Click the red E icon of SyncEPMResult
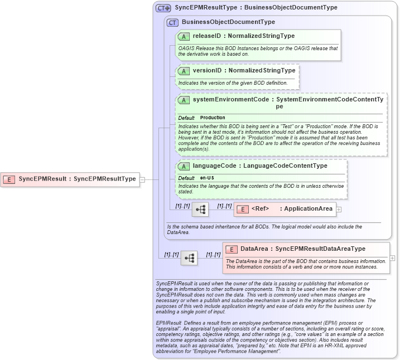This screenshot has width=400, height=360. pyautogui.click(x=9, y=179)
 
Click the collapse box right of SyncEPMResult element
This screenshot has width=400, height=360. pyautogui.click(x=142, y=179)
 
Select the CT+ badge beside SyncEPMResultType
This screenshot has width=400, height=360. pyautogui.click(x=163, y=8)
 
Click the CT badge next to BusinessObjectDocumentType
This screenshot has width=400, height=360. pyautogui.click(x=172, y=22)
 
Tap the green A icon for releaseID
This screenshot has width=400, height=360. pyautogui.click(x=184, y=36)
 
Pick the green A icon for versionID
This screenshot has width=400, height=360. pyautogui.click(x=184, y=71)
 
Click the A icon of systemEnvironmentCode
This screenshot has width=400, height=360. pyautogui.click(x=184, y=100)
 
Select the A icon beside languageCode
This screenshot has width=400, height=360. pyautogui.click(x=184, y=166)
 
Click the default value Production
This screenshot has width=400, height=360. pyautogui.click(x=213, y=118)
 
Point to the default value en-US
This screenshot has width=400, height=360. pyautogui.click(x=207, y=178)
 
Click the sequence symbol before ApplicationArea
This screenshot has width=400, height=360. pyautogui.click(x=200, y=210)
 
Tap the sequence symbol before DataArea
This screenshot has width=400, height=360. pyautogui.click(x=189, y=258)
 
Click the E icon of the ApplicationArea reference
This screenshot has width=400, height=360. pyautogui.click(x=243, y=210)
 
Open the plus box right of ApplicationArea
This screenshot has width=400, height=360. pyautogui.click(x=339, y=210)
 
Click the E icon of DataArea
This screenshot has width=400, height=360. pyautogui.click(x=232, y=249)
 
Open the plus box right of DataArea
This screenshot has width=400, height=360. pyautogui.click(x=392, y=258)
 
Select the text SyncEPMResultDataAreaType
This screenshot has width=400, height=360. pyautogui.click(x=320, y=249)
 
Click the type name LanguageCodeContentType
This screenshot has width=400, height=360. pyautogui.click(x=283, y=166)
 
